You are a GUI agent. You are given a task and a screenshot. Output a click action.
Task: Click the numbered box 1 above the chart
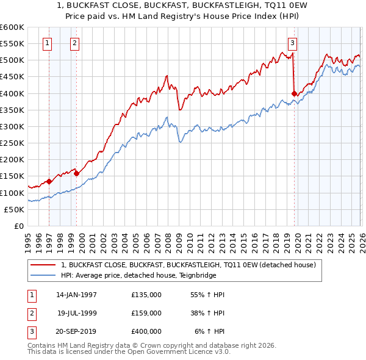(48, 43)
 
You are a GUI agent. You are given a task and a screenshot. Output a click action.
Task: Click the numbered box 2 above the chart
(74, 43)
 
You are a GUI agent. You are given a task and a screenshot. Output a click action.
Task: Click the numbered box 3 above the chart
(293, 43)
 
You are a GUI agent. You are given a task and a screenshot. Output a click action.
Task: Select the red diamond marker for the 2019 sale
(294, 93)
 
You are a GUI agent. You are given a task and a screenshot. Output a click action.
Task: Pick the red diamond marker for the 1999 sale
(76, 173)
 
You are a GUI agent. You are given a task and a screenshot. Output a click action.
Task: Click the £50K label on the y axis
(14, 209)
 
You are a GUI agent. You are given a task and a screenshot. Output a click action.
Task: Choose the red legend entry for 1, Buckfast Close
(188, 265)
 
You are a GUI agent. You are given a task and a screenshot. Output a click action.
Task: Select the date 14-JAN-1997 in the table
(76, 295)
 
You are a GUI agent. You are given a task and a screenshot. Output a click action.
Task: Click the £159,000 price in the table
(146, 312)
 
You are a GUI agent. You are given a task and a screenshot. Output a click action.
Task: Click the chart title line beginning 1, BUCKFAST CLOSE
(183, 7)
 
